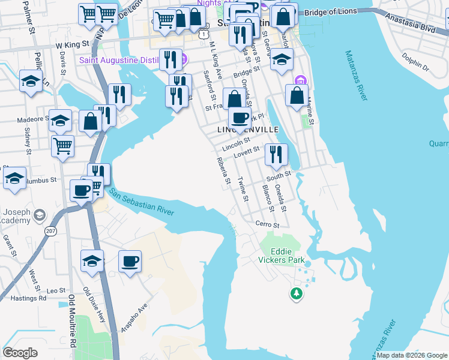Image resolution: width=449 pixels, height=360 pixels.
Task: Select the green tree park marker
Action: click(x=295, y=293)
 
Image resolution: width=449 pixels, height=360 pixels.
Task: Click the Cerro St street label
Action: click(x=267, y=225)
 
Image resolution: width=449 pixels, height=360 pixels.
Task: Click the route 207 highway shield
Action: click(x=52, y=230)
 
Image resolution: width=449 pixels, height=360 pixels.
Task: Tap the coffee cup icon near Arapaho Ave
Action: click(x=130, y=262)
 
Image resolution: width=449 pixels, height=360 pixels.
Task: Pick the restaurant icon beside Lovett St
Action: click(x=276, y=154)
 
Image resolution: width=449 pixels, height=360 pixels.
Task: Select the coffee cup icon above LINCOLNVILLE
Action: click(x=240, y=118)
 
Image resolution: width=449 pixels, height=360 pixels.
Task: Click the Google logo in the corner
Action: click(x=20, y=353)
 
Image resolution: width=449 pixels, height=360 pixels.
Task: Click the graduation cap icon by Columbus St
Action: click(x=14, y=178)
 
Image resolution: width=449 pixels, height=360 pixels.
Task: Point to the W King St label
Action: click(x=72, y=44)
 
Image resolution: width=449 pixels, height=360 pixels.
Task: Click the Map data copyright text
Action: click(x=412, y=355)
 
